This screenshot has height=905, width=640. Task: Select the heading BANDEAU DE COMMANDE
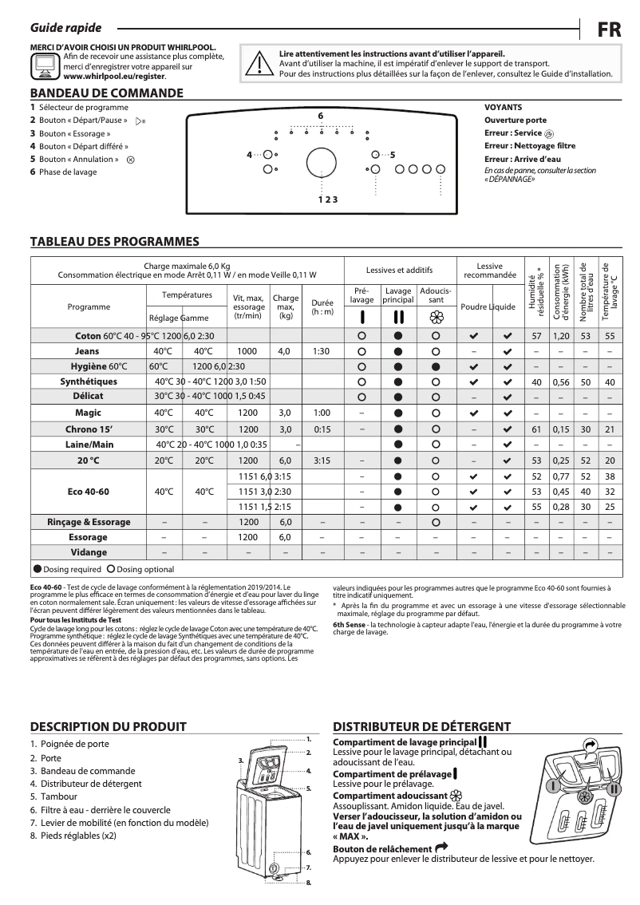coord(106,93)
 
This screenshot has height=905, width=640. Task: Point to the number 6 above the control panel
coord(320,117)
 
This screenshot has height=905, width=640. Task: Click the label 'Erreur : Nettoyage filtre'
coord(530,146)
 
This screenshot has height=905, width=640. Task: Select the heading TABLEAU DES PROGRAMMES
coord(114,241)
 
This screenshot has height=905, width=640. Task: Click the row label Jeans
coord(87,351)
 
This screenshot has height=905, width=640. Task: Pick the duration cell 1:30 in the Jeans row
coord(322,351)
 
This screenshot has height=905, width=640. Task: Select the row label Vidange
coord(88,552)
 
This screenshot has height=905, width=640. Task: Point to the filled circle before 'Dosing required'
coord(38,570)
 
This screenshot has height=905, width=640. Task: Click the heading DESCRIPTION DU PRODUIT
coord(108,726)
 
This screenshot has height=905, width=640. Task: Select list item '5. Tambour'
coord(53,796)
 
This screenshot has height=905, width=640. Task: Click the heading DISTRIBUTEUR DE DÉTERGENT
coord(421,726)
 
